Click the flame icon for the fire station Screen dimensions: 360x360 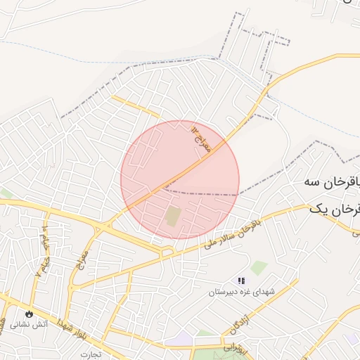[x=29, y=314]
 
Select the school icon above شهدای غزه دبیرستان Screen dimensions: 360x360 [x=242, y=281]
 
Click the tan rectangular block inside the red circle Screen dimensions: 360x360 [x=173, y=216]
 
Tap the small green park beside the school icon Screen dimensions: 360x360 [x=260, y=267]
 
